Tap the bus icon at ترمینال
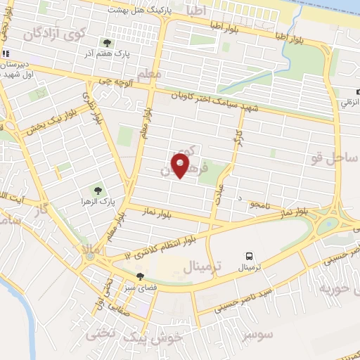[x=250, y=257]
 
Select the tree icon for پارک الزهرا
[x=97, y=190]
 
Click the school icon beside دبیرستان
[x=6, y=53]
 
